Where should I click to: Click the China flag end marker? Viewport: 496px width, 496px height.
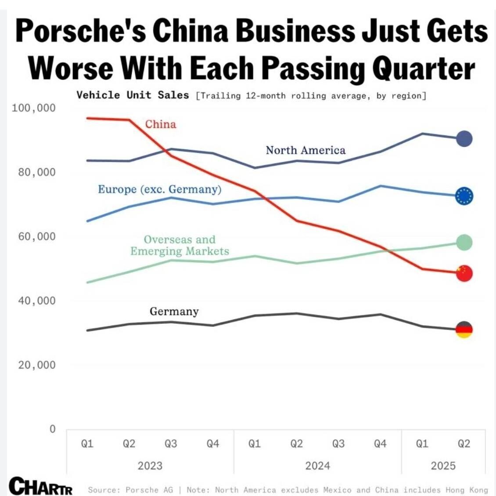[x=464, y=273]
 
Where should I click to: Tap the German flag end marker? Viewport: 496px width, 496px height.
[x=464, y=329]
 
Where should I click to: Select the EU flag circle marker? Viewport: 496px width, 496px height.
[x=464, y=196]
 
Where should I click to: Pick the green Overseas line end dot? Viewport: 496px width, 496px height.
[x=464, y=242]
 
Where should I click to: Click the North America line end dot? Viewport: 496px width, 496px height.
[x=464, y=139]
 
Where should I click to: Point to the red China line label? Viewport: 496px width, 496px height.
[x=161, y=124]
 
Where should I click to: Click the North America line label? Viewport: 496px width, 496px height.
[x=306, y=150]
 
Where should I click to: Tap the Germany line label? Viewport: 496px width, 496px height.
[x=174, y=311]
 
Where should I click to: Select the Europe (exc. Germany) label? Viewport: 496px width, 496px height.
[x=160, y=189]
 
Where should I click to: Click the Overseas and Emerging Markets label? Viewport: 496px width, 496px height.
[x=180, y=245]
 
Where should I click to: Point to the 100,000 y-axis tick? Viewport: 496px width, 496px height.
[x=34, y=108]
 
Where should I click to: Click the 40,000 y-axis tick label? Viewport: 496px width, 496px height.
[x=37, y=300]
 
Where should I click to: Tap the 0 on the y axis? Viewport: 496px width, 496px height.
[x=53, y=429]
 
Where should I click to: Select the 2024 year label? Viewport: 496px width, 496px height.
[x=317, y=465]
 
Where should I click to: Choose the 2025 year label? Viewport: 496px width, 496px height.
[x=443, y=465]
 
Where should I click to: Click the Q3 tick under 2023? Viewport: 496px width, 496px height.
[x=171, y=444]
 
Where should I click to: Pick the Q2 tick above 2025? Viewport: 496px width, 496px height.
[x=464, y=444]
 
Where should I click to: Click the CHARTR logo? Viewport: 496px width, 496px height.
[x=41, y=486]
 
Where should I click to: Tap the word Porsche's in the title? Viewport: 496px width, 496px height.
[x=81, y=31]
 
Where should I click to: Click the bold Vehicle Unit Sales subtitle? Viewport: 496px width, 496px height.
[x=133, y=95]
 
